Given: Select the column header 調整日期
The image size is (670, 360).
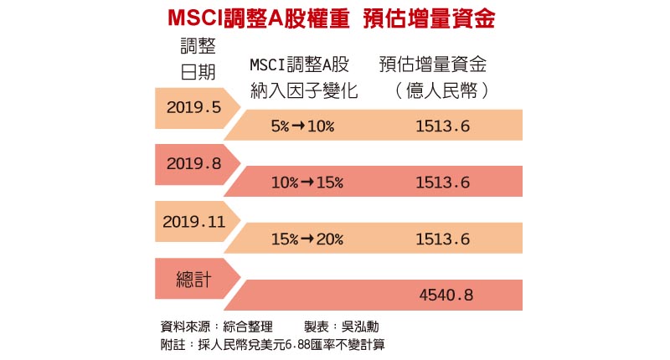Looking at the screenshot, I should point(198,59).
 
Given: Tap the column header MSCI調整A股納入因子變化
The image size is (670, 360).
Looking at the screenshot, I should point(302,79).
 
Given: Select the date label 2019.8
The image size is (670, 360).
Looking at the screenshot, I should point(193,164).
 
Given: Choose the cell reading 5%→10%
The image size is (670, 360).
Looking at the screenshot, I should point(302,126).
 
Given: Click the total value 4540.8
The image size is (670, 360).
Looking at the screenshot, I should point(445,295).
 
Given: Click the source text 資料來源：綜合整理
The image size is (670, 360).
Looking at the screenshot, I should point(213,327).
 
